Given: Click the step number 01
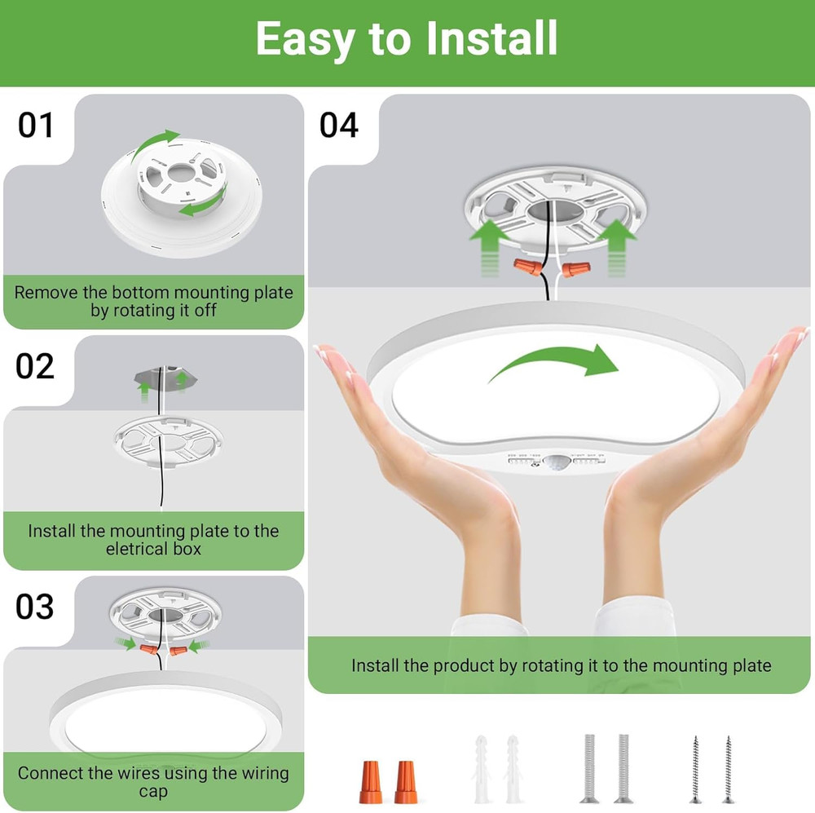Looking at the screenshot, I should click(36, 126).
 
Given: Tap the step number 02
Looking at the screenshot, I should click(35, 367).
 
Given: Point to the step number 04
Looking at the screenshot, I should click(338, 126).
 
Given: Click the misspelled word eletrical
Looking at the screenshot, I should click(138, 549).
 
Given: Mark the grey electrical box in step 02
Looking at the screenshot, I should click(162, 378).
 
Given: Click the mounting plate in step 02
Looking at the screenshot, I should click(166, 442).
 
